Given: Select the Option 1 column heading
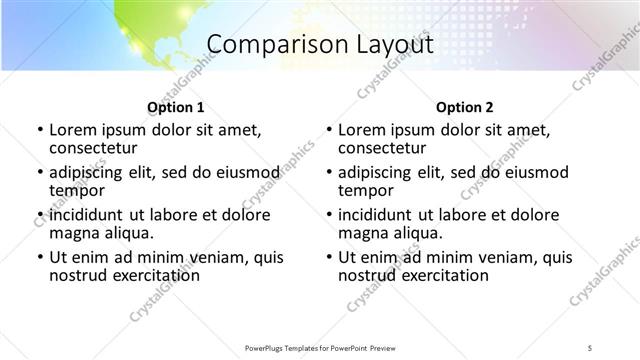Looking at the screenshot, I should (175, 107).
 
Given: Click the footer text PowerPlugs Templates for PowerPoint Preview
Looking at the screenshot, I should (319, 347).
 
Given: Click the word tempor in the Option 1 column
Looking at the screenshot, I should (76, 191).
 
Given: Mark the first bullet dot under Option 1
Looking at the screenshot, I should (39, 130).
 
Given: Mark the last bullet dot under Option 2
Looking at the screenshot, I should (329, 257).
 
